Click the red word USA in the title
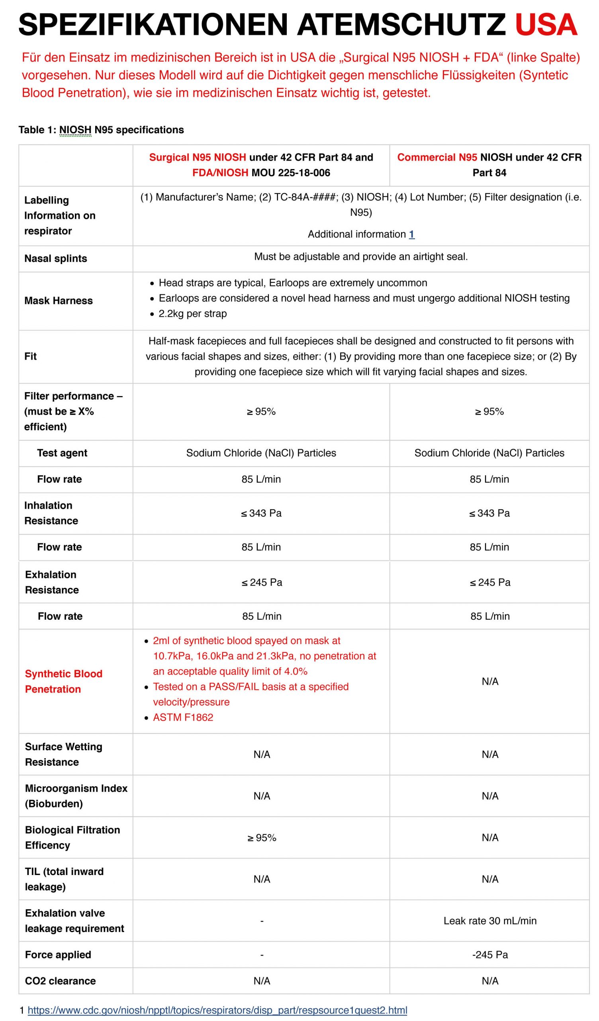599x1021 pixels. (546, 25)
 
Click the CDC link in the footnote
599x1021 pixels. (217, 1010)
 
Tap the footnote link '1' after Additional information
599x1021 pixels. (411, 234)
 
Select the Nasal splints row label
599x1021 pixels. (55, 258)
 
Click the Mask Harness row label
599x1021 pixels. (58, 301)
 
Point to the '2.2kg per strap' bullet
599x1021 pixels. (193, 313)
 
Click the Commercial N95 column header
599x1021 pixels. (489, 165)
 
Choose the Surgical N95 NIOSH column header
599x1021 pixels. (261, 165)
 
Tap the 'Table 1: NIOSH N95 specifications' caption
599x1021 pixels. (101, 130)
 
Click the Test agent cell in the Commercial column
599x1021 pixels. (489, 453)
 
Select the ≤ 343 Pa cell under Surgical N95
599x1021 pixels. (261, 513)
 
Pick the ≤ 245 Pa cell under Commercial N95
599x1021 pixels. (490, 582)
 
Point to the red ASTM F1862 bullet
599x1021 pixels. (183, 717)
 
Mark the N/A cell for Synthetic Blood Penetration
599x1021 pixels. (490, 682)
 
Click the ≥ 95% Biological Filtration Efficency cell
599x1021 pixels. (261, 838)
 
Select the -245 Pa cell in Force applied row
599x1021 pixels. (490, 954)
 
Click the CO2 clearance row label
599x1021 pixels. (60, 981)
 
